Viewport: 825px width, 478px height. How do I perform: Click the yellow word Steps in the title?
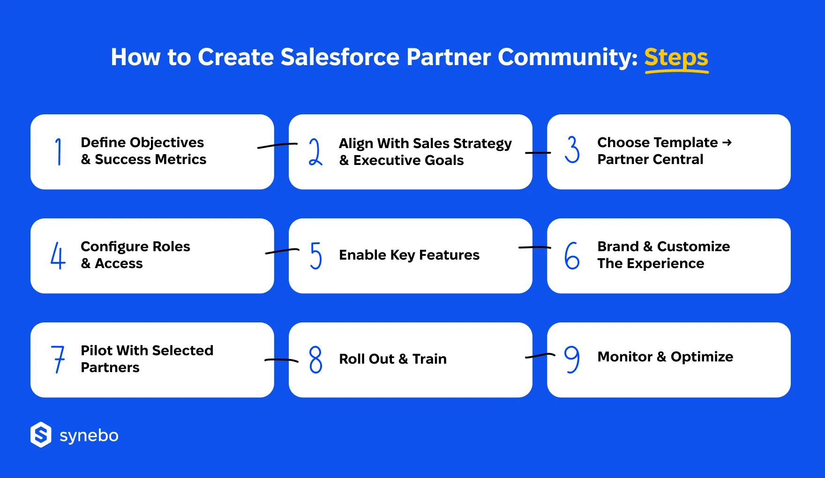pyautogui.click(x=676, y=58)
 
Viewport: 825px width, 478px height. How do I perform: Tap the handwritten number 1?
pyautogui.click(x=59, y=151)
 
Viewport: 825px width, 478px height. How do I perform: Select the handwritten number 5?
pyautogui.click(x=316, y=255)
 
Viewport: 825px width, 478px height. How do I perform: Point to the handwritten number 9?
pyautogui.click(x=572, y=359)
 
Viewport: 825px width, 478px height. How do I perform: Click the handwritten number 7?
pyautogui.click(x=58, y=359)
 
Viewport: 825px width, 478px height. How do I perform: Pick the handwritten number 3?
pyautogui.click(x=572, y=149)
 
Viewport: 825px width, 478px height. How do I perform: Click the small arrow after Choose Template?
pyautogui.click(x=727, y=142)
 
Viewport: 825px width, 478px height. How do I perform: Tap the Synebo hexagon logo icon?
pyautogui.click(x=41, y=435)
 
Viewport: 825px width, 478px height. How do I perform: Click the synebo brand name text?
pyautogui.click(x=89, y=436)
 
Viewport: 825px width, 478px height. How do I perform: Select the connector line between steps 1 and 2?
pyautogui.click(x=277, y=146)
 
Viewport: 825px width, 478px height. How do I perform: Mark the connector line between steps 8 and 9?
pyautogui.click(x=540, y=356)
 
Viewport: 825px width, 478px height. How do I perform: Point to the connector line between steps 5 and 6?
pyautogui.click(x=534, y=247)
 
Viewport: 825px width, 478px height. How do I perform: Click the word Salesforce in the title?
pyautogui.click(x=339, y=57)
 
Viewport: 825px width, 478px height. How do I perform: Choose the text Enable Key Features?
pyautogui.click(x=409, y=255)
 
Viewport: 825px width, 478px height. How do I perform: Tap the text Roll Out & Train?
pyautogui.click(x=393, y=359)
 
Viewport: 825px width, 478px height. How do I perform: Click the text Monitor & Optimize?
pyautogui.click(x=665, y=357)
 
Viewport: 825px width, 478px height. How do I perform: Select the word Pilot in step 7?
pyautogui.click(x=97, y=351)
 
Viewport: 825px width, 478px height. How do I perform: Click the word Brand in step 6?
pyautogui.click(x=618, y=246)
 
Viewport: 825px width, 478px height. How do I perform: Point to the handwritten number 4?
pyautogui.click(x=58, y=255)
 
